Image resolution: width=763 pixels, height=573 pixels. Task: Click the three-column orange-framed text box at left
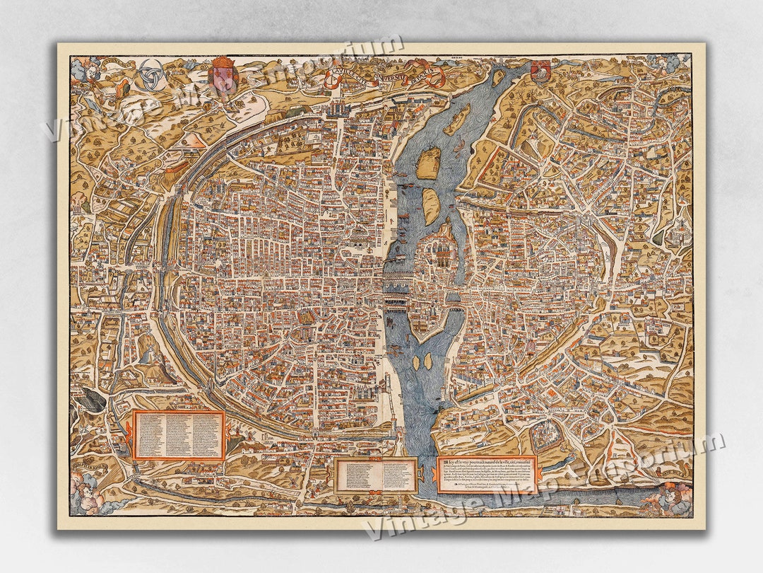pyautogui.click(x=179, y=435)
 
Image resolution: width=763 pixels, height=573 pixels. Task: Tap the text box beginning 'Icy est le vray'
pyautogui.click(x=487, y=473)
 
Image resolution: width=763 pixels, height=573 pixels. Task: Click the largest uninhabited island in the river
pyautogui.click(x=427, y=163)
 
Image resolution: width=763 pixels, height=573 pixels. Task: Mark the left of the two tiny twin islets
pyautogui.click(x=415, y=362)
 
